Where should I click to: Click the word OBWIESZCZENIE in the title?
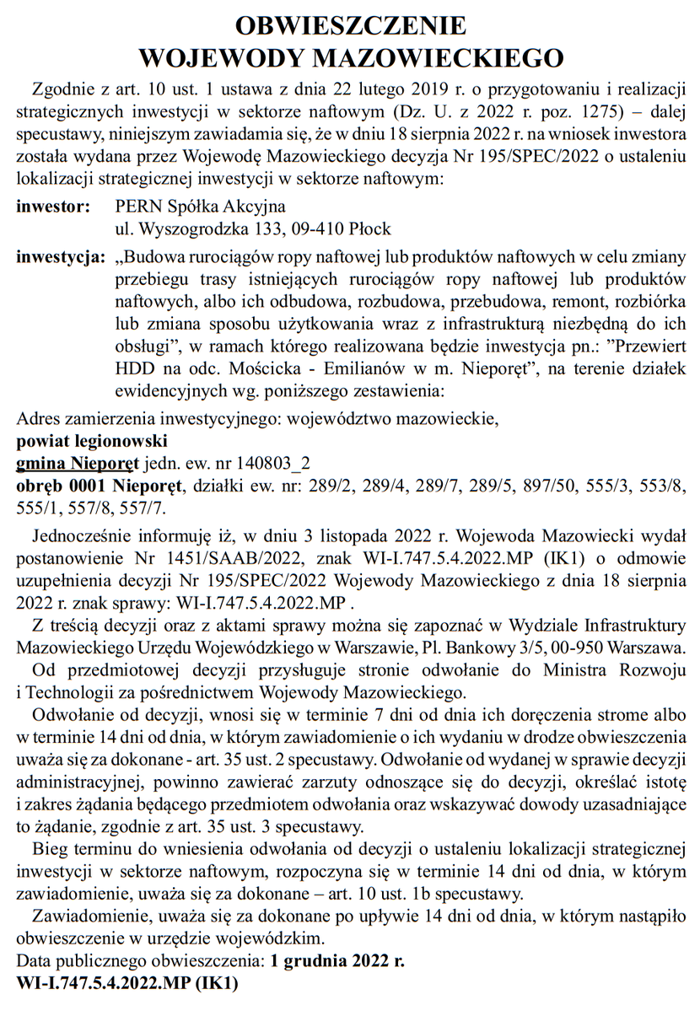(350, 25)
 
